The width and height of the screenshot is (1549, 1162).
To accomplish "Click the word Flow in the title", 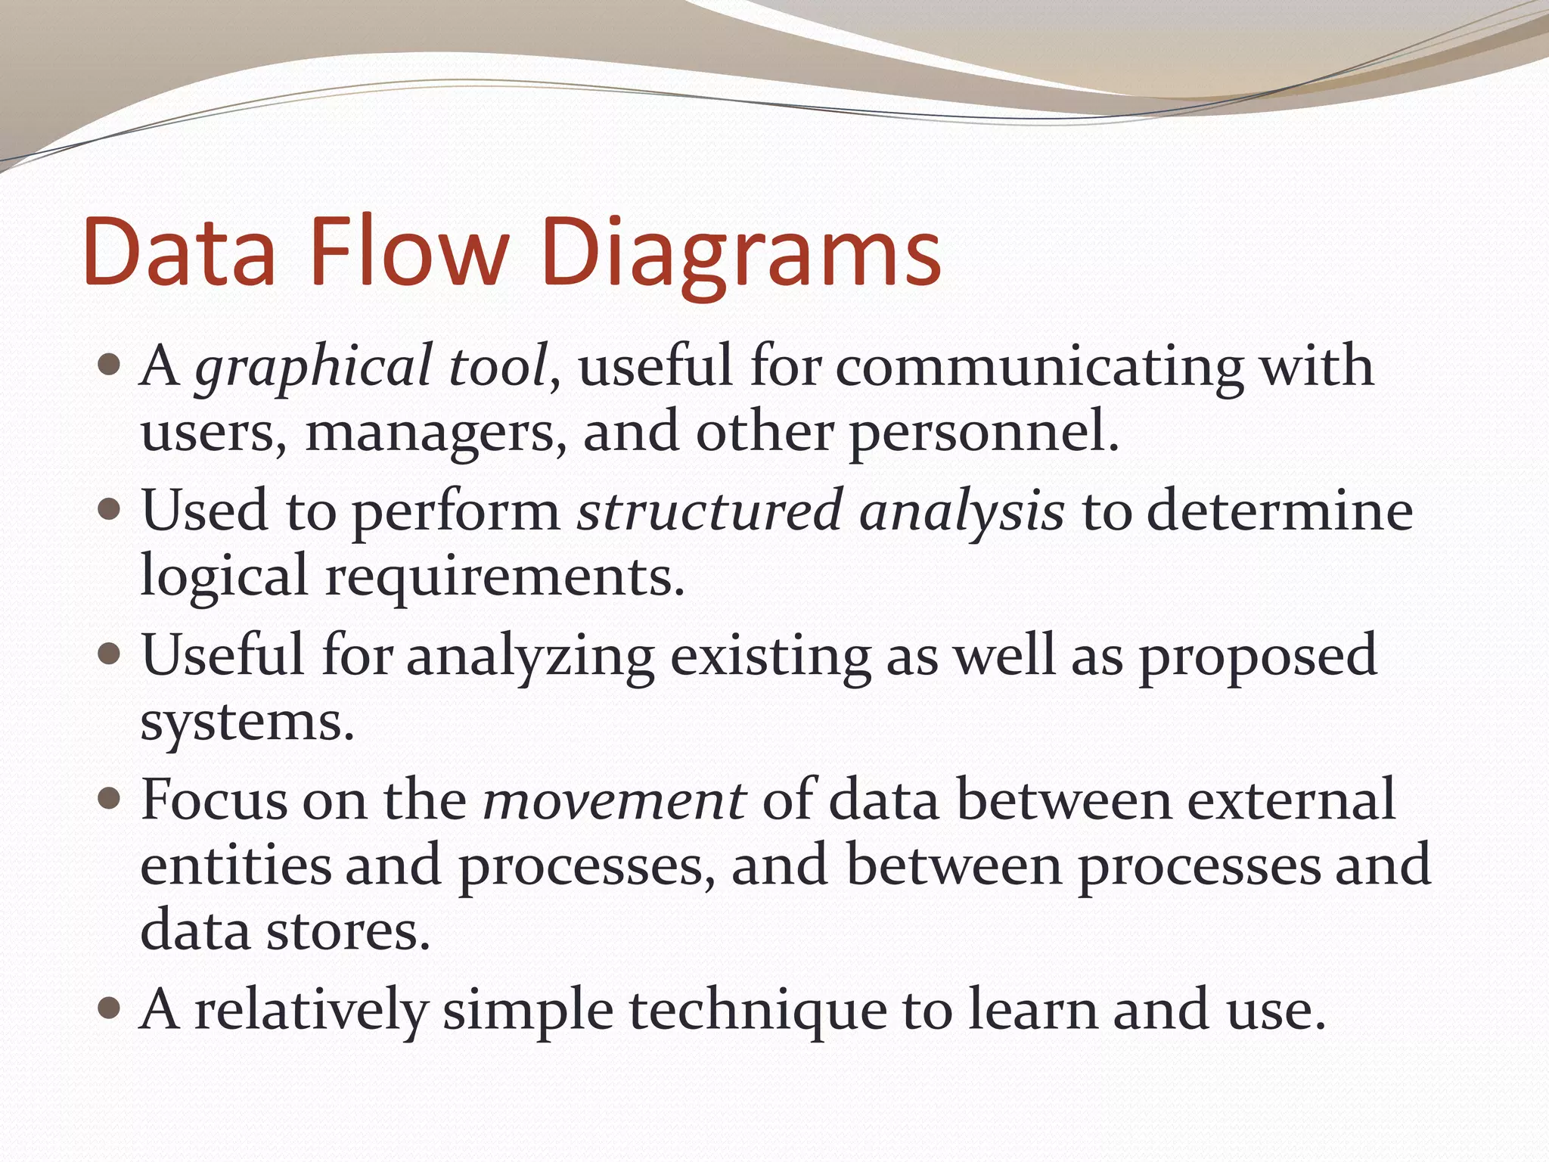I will tap(408, 251).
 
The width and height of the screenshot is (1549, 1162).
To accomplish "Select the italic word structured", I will tap(709, 511).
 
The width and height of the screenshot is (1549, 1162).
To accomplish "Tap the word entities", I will tap(236, 865).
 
